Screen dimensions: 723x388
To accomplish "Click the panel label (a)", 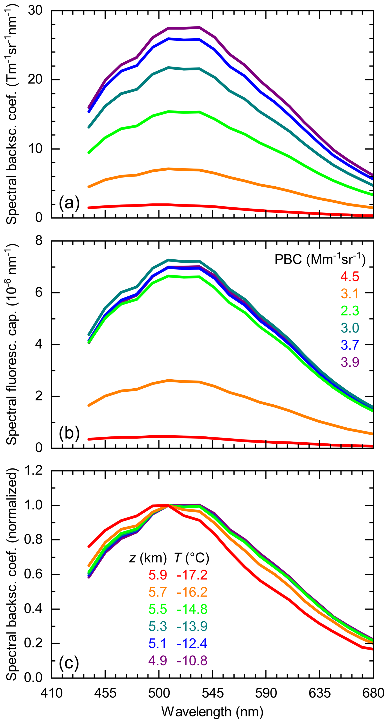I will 69,203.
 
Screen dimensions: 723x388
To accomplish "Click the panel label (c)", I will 69,663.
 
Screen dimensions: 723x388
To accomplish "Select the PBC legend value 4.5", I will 350,277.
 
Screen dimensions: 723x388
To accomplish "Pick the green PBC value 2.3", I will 350,311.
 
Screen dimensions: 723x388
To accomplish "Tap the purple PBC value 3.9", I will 350,362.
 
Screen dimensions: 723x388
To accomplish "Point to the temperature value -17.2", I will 192,575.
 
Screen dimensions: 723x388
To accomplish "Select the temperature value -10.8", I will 192,661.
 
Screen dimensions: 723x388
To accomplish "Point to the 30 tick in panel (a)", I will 35,11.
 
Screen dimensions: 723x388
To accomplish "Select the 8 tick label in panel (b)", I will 39,241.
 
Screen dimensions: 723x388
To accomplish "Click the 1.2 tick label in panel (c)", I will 33,471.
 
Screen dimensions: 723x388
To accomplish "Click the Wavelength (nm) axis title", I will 212,712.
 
